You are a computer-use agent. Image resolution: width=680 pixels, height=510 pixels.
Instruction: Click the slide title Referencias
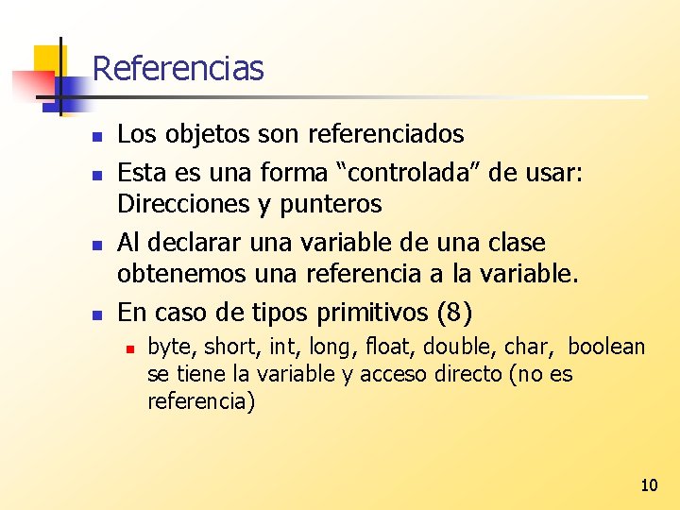click(178, 68)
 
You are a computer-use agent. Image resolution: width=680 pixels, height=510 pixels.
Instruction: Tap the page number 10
click(649, 486)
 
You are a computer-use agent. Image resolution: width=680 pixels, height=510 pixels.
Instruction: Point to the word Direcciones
click(174, 204)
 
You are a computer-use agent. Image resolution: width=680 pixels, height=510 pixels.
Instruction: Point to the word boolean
click(606, 347)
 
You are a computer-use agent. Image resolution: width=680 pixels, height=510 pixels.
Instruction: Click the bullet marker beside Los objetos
click(96, 137)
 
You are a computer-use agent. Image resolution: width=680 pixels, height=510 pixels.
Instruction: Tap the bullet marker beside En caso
click(96, 314)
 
